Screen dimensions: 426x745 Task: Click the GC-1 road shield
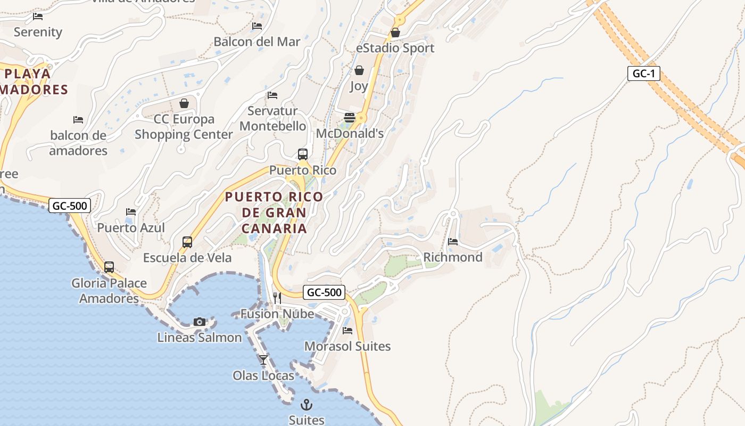click(643, 73)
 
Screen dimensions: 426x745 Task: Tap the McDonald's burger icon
click(350, 118)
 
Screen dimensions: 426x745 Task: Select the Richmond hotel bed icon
click(453, 241)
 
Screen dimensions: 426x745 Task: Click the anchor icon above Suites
click(306, 405)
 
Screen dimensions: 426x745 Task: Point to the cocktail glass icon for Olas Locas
click(263, 360)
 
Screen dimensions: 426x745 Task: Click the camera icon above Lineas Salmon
click(200, 322)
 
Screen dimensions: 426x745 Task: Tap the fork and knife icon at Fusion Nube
click(277, 298)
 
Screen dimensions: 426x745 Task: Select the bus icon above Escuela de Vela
click(187, 242)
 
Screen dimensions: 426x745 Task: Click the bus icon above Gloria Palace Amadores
click(109, 267)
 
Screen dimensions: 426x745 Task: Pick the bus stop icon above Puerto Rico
click(303, 154)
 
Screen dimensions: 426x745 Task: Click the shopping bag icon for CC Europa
click(184, 103)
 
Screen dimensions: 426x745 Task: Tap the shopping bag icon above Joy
click(359, 70)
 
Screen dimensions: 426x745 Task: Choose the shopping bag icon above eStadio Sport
click(395, 32)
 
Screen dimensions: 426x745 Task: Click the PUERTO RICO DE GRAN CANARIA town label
click(274, 212)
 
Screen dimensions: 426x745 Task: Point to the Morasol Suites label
click(347, 346)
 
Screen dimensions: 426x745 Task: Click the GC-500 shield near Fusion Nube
click(324, 292)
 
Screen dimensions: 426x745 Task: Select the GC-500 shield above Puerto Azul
click(70, 206)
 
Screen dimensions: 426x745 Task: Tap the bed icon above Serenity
click(38, 17)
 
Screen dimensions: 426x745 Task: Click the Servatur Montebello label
click(273, 119)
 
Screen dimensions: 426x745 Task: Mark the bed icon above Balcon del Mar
click(257, 26)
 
